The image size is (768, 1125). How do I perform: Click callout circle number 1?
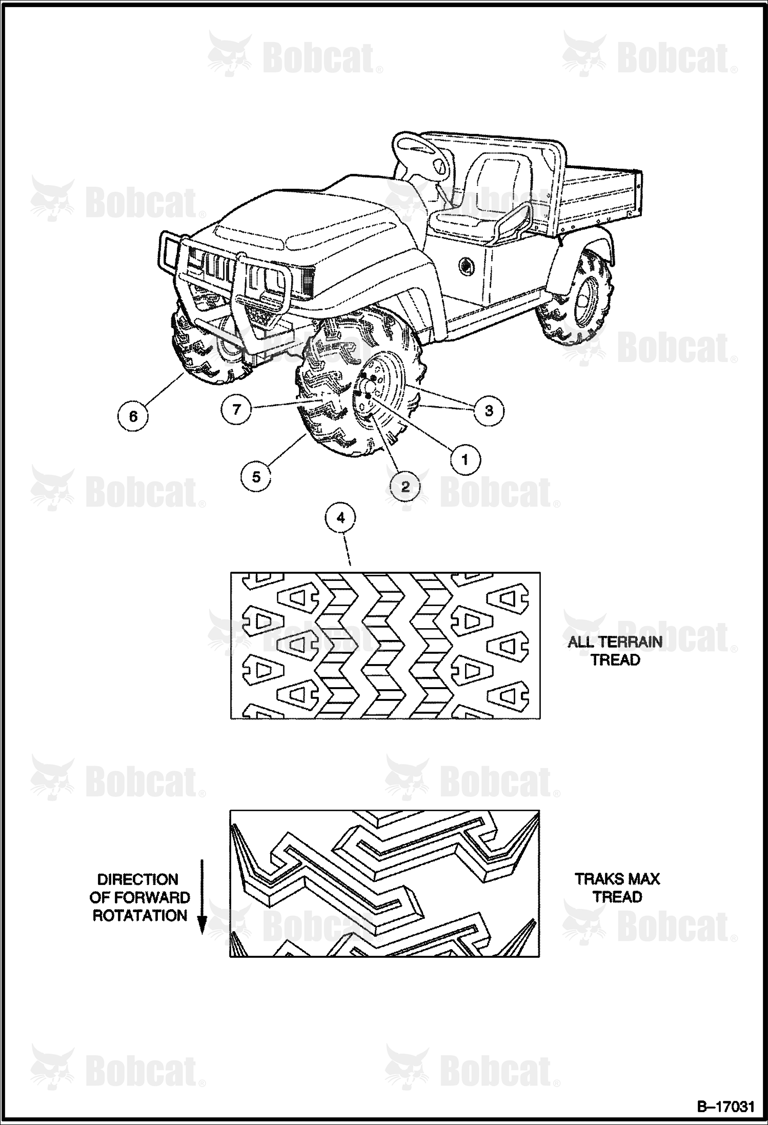click(465, 459)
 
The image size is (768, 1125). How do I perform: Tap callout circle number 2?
click(405, 486)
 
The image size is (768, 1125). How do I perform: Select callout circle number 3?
click(489, 410)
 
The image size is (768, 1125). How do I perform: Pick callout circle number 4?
click(341, 518)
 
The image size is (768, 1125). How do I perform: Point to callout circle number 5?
click(256, 477)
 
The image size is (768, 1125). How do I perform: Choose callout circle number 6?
click(133, 415)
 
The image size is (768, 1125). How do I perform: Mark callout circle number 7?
click(236, 409)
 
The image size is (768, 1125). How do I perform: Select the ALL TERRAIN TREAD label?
click(615, 651)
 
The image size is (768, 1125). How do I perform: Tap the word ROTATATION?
click(140, 915)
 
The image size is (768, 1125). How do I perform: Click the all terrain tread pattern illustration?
click(385, 645)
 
